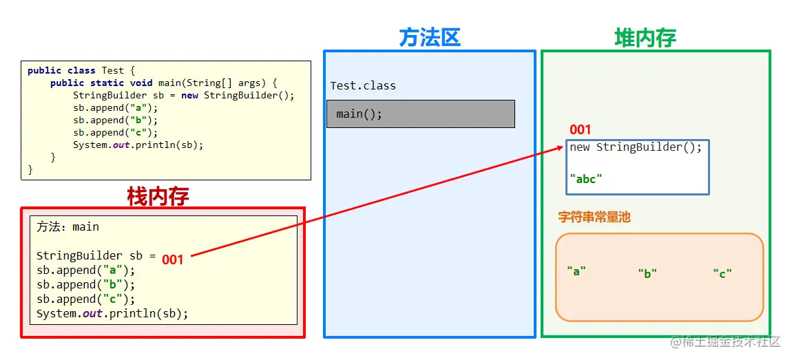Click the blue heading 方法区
pyautogui.click(x=430, y=37)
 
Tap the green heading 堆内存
pyautogui.click(x=645, y=37)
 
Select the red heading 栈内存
pyautogui.click(x=158, y=196)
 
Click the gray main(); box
pyautogui.click(x=420, y=114)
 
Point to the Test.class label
pyautogui.click(x=363, y=86)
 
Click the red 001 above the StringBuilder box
pyautogui.click(x=580, y=129)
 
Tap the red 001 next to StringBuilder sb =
pyautogui.click(x=173, y=260)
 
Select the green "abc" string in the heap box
pyautogui.click(x=586, y=178)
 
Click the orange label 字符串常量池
pyautogui.click(x=594, y=217)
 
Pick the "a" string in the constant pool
pyautogui.click(x=576, y=271)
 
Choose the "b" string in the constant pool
pyautogui.click(x=647, y=273)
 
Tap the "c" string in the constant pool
pyautogui.click(x=722, y=273)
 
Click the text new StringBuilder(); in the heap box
pyautogui.click(x=636, y=147)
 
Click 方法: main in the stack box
pyautogui.click(x=68, y=226)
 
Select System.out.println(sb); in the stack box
pyautogui.click(x=112, y=314)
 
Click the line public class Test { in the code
pyautogui.click(x=81, y=70)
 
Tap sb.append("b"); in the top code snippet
pyautogui.click(x=115, y=120)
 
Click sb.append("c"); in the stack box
pyautogui.click(x=86, y=299)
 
